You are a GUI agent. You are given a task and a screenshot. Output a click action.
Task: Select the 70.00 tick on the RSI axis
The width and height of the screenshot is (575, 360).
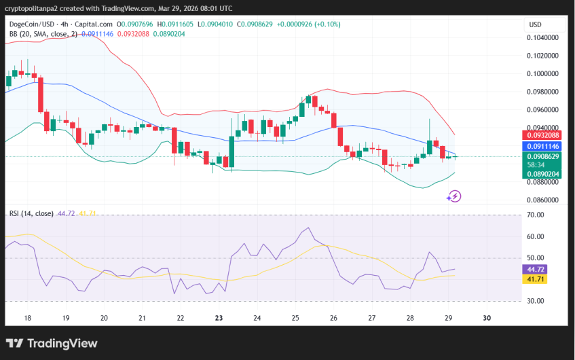pyautogui.click(x=536, y=215)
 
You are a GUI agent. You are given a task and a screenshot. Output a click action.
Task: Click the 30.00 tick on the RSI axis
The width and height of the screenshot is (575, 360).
pyautogui.click(x=536, y=302)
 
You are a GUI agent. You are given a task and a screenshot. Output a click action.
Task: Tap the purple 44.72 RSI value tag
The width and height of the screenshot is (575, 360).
pyautogui.click(x=536, y=270)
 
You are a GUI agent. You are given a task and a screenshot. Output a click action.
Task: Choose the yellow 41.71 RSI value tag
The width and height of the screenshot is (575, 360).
pyautogui.click(x=536, y=279)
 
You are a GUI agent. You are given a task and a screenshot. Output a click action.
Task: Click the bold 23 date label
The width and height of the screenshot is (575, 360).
pyautogui.click(x=219, y=318)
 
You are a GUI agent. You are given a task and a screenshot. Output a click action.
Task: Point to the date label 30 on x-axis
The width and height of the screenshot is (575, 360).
pyautogui.click(x=486, y=318)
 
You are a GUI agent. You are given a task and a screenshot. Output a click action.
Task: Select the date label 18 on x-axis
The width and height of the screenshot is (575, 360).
pyautogui.click(x=27, y=318)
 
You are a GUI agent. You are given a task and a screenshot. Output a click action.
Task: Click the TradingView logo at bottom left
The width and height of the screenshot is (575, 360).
pyautogui.click(x=52, y=344)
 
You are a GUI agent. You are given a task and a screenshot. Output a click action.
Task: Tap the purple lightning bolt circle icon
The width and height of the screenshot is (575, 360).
pyautogui.click(x=454, y=196)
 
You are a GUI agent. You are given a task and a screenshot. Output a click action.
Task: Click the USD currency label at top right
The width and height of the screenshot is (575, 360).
pyautogui.click(x=535, y=25)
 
